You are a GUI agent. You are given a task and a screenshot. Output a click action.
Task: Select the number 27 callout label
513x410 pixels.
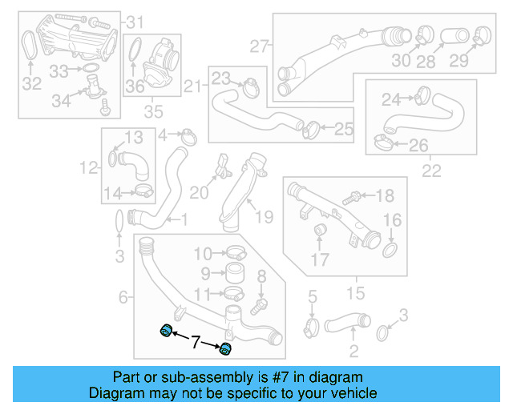tap(257, 46)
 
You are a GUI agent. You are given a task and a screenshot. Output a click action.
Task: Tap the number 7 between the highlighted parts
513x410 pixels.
tap(194, 343)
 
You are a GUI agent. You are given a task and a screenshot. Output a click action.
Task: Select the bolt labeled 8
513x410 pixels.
tap(258, 304)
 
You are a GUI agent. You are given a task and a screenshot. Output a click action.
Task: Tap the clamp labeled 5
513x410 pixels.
tap(313, 327)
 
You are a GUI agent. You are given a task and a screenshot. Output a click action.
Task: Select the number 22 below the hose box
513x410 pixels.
tap(431, 171)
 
